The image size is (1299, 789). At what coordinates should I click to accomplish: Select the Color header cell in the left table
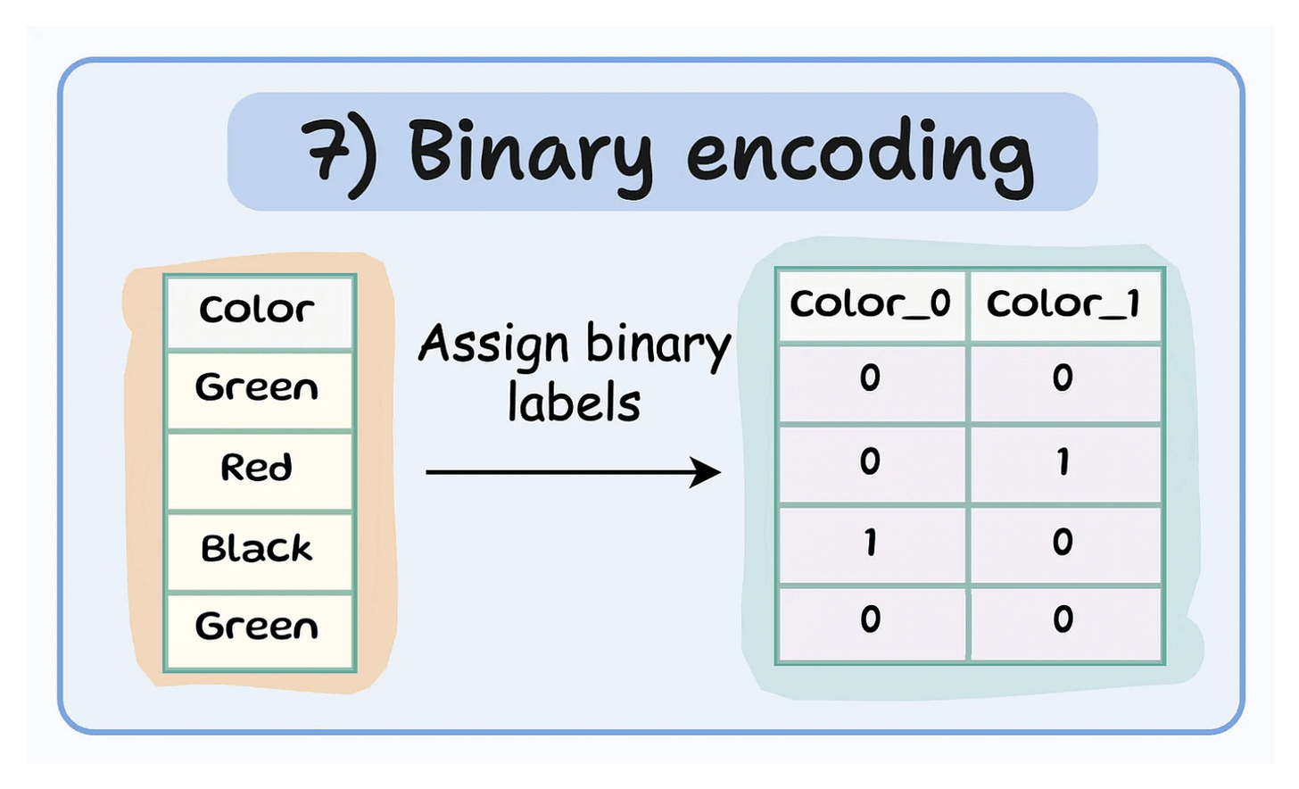point(257,310)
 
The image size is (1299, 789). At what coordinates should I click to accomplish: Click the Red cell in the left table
point(257,468)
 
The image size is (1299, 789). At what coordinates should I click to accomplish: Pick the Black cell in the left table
point(257,547)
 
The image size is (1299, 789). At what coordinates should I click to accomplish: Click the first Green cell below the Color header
point(257,388)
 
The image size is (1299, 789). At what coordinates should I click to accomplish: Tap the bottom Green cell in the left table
point(257,627)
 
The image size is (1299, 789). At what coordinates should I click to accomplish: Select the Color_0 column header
point(871,304)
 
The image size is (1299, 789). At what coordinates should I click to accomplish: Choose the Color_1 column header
point(1063,304)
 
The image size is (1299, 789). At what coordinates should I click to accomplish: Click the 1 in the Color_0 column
point(870,542)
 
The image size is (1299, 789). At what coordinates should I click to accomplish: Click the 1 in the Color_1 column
point(1063,463)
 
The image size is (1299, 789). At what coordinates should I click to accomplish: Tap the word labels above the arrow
point(574,403)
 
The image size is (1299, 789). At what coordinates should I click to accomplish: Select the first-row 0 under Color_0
point(870,378)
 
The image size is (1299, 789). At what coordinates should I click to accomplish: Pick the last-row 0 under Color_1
point(1063,619)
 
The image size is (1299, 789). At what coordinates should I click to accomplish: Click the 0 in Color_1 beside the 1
point(1063,542)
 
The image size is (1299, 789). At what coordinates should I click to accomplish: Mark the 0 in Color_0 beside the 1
point(870,463)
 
